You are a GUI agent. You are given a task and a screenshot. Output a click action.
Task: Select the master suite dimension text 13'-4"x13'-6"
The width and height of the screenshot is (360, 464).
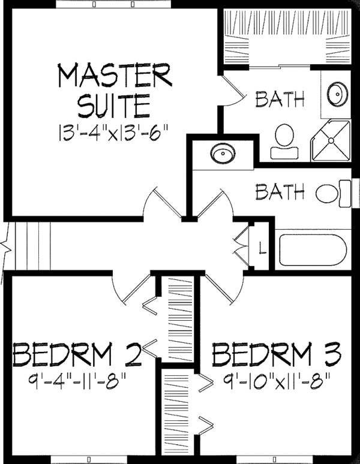pos(113,131)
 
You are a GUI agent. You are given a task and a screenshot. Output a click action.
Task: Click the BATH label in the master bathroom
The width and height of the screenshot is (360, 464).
pos(279,99)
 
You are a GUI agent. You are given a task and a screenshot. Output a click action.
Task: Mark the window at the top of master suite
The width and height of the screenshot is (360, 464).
pos(114,4)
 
